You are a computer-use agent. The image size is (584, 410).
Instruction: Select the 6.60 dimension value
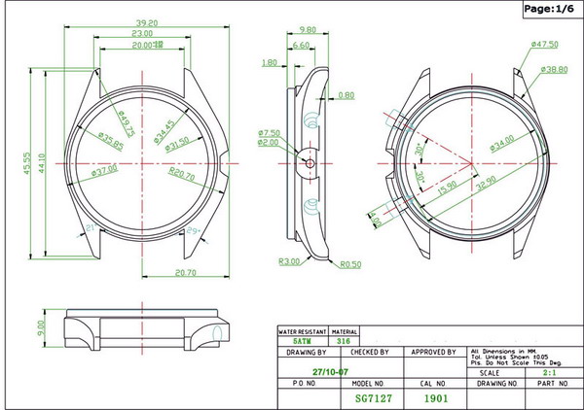point(300,45)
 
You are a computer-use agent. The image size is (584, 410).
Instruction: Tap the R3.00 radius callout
point(288,261)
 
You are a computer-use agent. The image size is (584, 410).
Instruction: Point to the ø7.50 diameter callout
point(270,132)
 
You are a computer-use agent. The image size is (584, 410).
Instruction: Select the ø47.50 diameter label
point(545,45)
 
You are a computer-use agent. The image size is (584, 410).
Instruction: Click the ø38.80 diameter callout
point(556,70)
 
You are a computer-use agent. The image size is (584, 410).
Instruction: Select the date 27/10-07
point(332,371)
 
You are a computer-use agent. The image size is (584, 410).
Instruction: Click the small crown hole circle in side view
point(310,163)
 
